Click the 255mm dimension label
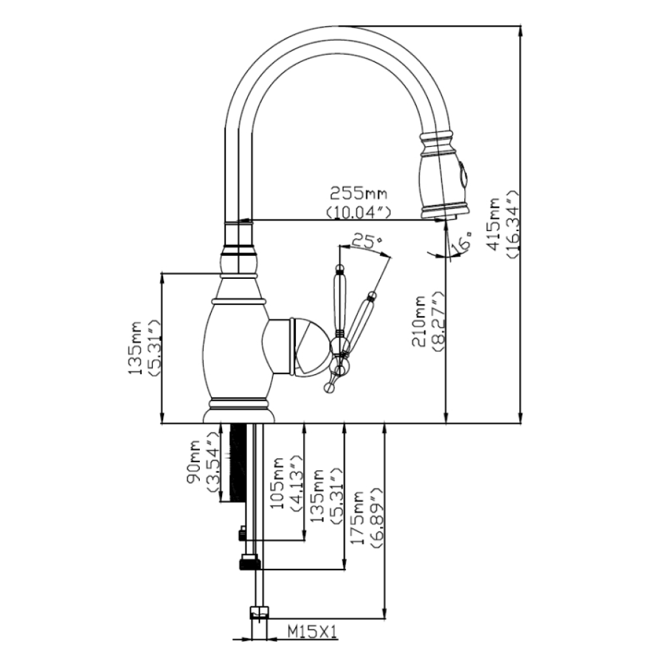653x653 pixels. point(358,193)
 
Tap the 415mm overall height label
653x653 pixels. point(494,224)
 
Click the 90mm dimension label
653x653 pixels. point(195,465)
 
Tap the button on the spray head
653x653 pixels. point(463,174)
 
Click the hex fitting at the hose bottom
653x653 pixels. point(259,613)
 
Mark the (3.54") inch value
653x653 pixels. point(212,465)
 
